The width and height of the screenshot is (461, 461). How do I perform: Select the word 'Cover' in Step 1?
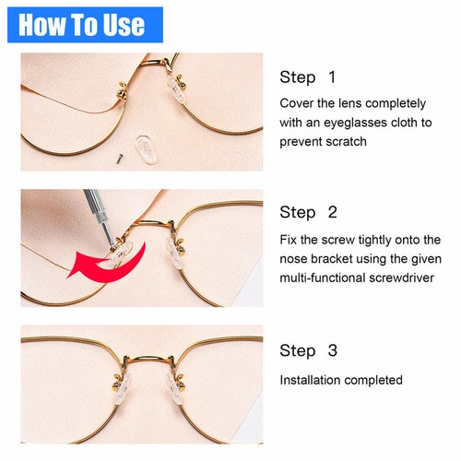[296, 103]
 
